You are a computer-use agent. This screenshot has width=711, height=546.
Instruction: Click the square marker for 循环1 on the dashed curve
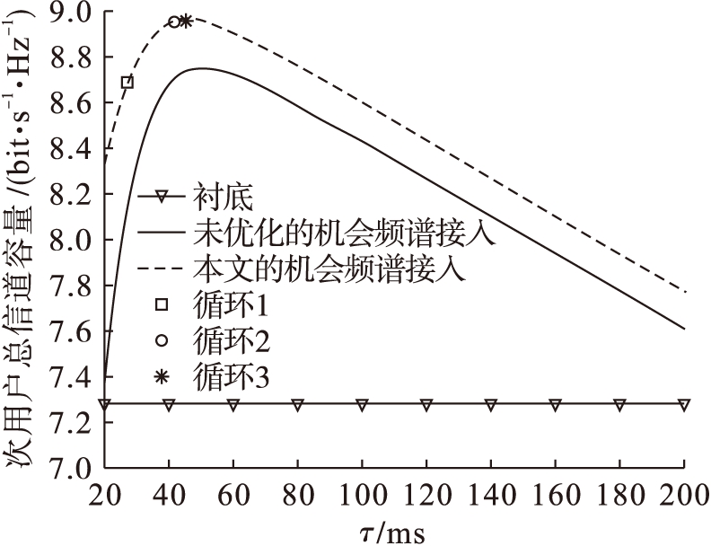point(127,83)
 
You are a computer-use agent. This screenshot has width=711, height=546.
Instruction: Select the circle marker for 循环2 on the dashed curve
point(174,22)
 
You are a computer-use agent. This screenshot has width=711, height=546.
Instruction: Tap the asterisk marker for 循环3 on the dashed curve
point(186,21)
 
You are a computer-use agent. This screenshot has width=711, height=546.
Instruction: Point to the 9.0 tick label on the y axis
point(73,13)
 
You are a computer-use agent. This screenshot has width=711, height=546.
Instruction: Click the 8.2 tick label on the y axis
point(73,195)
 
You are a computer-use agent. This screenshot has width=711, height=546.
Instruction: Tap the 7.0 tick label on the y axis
point(73,469)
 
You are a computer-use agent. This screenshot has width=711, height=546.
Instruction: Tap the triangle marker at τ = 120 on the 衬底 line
point(426,405)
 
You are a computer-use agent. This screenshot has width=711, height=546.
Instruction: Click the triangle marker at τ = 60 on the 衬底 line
point(233,405)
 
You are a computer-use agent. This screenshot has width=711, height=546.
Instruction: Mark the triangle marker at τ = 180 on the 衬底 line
point(619,405)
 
